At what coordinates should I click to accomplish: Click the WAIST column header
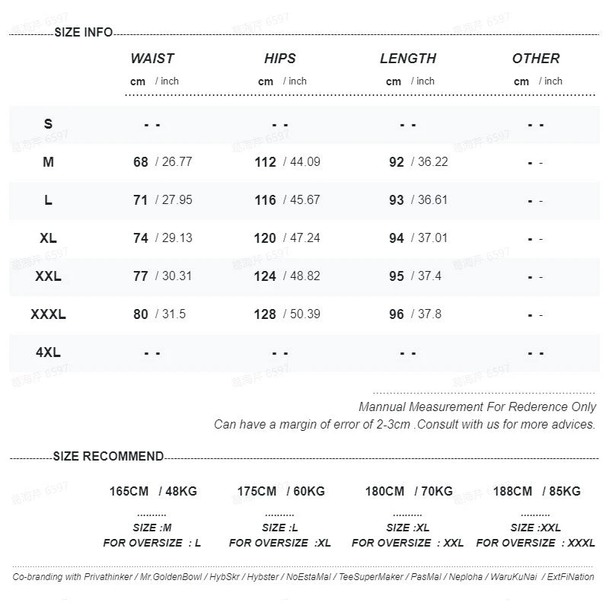tap(152, 59)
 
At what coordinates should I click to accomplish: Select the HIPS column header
tap(280, 59)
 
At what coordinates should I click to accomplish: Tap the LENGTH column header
tap(408, 59)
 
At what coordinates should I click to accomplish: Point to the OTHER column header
tap(536, 59)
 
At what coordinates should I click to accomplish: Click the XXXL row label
tap(48, 314)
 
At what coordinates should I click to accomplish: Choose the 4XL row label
tap(48, 352)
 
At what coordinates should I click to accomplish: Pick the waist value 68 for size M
tap(141, 162)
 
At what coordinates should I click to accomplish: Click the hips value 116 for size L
tap(265, 200)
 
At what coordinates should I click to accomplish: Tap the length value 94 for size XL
tap(397, 238)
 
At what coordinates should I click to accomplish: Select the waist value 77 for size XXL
tap(141, 276)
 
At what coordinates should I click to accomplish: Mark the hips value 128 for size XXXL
tap(265, 314)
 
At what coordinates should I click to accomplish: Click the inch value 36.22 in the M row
tap(432, 162)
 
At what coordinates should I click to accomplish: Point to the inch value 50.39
tap(304, 314)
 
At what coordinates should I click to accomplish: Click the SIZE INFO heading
tap(84, 32)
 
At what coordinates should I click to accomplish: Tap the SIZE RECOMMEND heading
tap(108, 457)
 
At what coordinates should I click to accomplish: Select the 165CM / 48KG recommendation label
tap(152, 492)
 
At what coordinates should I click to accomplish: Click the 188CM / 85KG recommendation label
tap(536, 492)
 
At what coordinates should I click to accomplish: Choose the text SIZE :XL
tap(408, 528)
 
